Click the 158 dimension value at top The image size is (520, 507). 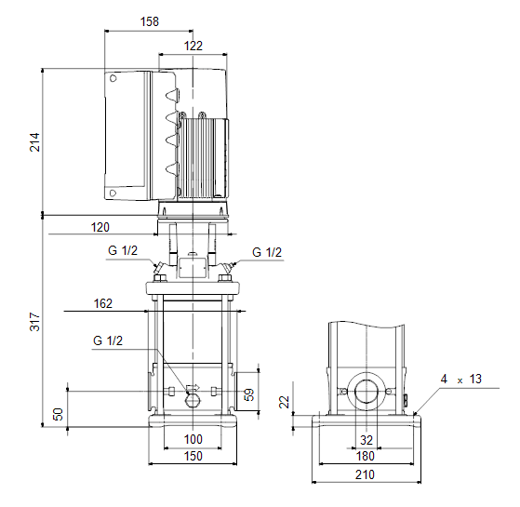click(x=150, y=21)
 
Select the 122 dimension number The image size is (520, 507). click(x=193, y=46)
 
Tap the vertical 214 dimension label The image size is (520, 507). click(x=34, y=142)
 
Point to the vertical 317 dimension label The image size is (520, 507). click(x=34, y=321)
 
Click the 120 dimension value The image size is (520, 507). click(x=100, y=228)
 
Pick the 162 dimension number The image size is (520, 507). click(x=103, y=303)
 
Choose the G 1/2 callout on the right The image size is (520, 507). click(x=267, y=252)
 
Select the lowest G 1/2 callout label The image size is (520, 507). click(x=108, y=340)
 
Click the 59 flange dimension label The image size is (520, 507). click(x=249, y=394)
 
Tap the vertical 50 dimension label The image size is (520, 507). click(x=58, y=414)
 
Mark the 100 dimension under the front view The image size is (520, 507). click(x=193, y=439)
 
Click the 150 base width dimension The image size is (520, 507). click(x=193, y=456)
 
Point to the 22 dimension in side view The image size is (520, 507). click(x=285, y=402)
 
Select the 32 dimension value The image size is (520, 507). click(x=367, y=440)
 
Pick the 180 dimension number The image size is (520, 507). click(x=366, y=456)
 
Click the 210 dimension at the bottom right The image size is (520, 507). click(x=365, y=474)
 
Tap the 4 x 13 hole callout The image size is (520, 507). click(x=461, y=379)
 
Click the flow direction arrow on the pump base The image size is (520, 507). click(x=193, y=387)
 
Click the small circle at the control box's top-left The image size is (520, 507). click(x=113, y=78)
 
